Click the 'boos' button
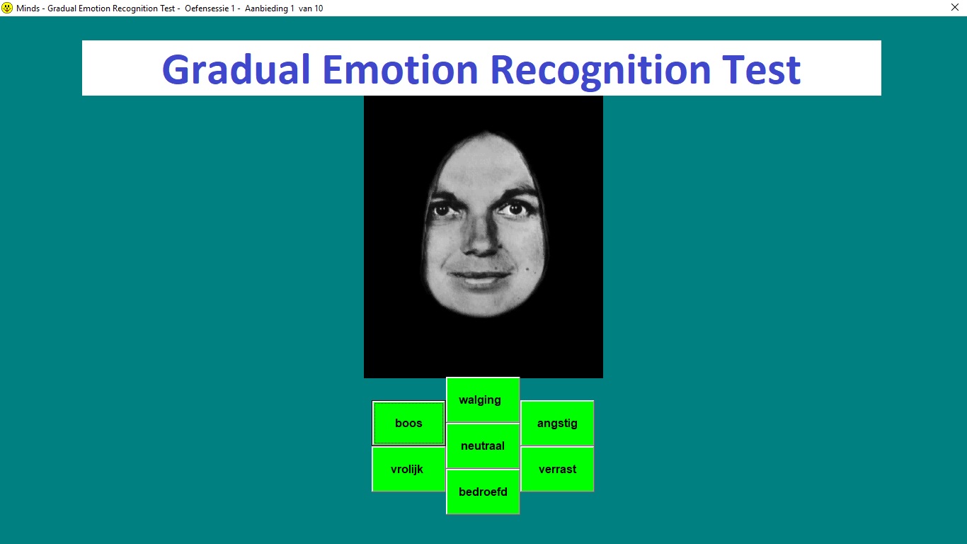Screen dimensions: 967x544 click(408, 423)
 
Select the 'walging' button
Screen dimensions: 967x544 click(483, 399)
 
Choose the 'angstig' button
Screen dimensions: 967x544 click(557, 423)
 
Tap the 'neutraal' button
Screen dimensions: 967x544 click(483, 446)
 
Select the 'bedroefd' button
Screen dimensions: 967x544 click(483, 492)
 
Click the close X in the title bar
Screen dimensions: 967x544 click(955, 7)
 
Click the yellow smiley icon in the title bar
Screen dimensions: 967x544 click(7, 8)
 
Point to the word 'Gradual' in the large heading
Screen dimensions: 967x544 click(236, 69)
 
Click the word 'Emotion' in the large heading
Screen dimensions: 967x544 click(400, 69)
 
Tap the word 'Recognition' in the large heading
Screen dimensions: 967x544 click(600, 72)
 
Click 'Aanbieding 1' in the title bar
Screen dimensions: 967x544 click(270, 8)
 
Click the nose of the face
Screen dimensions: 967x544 click(481, 238)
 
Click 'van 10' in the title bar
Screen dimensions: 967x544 click(311, 8)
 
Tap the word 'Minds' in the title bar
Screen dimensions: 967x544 click(28, 8)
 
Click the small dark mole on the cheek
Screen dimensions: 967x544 click(527, 269)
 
